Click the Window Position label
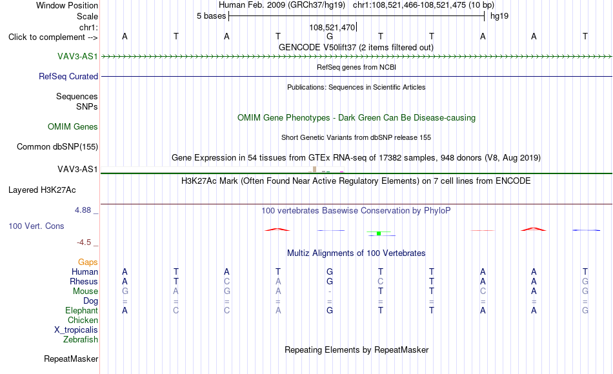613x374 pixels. [x=67, y=5]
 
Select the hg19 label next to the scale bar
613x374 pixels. [x=499, y=16]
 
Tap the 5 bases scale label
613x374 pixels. [x=211, y=16]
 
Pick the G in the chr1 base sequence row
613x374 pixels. [x=330, y=36]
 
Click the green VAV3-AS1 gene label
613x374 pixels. [x=77, y=56]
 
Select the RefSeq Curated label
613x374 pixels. [x=68, y=76]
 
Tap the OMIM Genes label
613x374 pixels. [x=73, y=126]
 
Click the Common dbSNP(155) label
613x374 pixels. [x=57, y=146]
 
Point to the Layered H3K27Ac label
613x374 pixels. [x=42, y=190]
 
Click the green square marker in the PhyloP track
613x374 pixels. [x=378, y=233]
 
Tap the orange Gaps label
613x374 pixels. [x=88, y=262]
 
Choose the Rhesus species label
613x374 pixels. [x=84, y=281]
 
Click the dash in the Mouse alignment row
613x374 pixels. [x=330, y=291]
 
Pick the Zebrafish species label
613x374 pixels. [x=81, y=339]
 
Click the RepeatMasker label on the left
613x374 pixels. [x=71, y=359]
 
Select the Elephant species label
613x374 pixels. [x=82, y=310]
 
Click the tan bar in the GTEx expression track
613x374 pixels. [x=314, y=169]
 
